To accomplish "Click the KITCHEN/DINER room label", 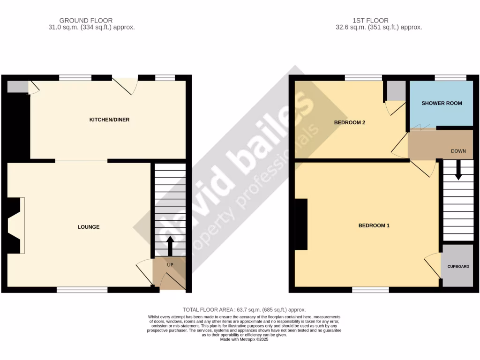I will [x=109, y=120].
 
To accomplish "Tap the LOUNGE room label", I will [x=89, y=227].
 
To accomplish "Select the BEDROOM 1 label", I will [x=374, y=225].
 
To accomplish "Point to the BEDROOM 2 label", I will [x=349, y=123].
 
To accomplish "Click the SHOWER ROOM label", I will [x=442, y=103].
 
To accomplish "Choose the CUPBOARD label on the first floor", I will [x=458, y=267].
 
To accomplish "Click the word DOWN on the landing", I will [x=458, y=151].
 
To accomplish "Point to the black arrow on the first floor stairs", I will [x=458, y=170].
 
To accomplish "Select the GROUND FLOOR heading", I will [x=86, y=20].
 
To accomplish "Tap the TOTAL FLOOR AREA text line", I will [x=244, y=310].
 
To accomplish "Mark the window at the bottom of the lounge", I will [x=82, y=290].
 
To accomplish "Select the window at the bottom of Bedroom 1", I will [x=370, y=290].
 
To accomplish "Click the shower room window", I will [x=450, y=78].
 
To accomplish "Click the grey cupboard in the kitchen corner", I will [x=17, y=87].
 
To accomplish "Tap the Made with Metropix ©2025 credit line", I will [x=244, y=339].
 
